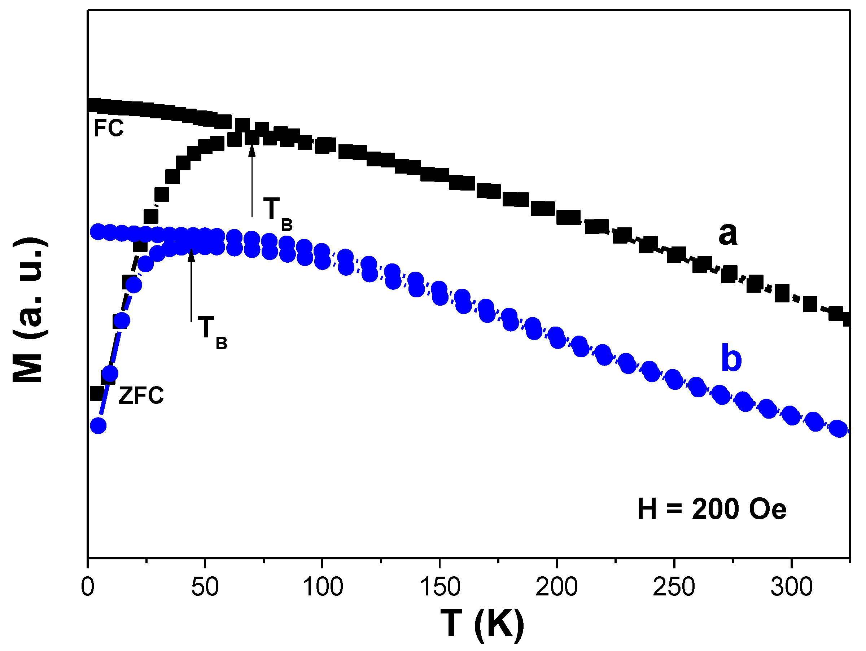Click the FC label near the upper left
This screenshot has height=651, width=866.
click(x=109, y=128)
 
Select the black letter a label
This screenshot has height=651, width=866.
click(x=727, y=234)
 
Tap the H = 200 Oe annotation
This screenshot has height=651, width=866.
click(x=711, y=509)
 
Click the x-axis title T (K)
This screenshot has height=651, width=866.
click(x=482, y=624)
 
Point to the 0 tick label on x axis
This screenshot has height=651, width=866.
click(x=88, y=587)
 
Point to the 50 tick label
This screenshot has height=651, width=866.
click(x=205, y=587)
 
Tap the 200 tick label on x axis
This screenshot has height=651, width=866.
click(x=557, y=587)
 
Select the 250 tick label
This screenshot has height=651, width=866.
click(x=674, y=587)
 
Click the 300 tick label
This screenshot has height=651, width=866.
click(x=791, y=587)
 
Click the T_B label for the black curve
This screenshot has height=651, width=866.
click(x=277, y=213)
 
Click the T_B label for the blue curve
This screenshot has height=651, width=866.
click(x=212, y=332)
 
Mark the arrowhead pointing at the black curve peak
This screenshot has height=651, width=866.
click(x=252, y=150)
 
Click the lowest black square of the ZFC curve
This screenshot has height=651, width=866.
click(x=97, y=393)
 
